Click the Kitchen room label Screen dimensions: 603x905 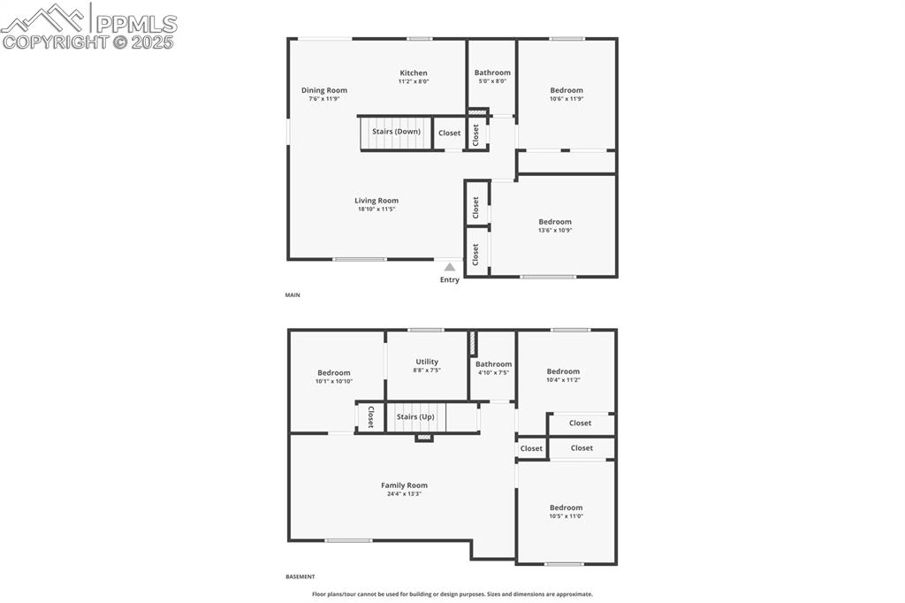pyautogui.click(x=414, y=73)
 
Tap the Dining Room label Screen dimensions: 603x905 pyautogui.click(x=324, y=90)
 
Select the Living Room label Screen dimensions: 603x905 pyautogui.click(x=376, y=201)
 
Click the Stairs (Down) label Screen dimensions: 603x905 pyautogui.click(x=396, y=132)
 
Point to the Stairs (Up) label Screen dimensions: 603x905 pyautogui.click(x=415, y=416)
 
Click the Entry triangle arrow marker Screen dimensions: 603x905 pyautogui.click(x=450, y=266)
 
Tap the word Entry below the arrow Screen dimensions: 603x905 pyautogui.click(x=450, y=280)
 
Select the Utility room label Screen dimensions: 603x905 pyautogui.click(x=427, y=362)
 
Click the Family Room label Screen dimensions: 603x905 pyautogui.click(x=404, y=485)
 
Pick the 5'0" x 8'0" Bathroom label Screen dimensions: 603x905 pyautogui.click(x=492, y=73)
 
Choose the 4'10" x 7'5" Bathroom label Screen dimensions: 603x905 pyautogui.click(x=493, y=364)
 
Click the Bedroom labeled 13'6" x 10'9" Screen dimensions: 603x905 pyautogui.click(x=555, y=222)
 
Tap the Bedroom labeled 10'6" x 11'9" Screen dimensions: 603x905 pyautogui.click(x=567, y=90)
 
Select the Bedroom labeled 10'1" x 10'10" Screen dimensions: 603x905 pyautogui.click(x=334, y=373)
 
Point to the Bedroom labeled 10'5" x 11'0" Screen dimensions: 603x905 pyautogui.click(x=567, y=508)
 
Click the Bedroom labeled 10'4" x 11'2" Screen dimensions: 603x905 pyautogui.click(x=563, y=371)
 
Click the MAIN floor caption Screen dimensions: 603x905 pyautogui.click(x=293, y=294)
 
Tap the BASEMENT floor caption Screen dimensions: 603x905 pyautogui.click(x=300, y=576)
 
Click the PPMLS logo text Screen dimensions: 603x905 pyautogui.click(x=134, y=23)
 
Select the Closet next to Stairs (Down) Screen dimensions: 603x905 pyautogui.click(x=450, y=133)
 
